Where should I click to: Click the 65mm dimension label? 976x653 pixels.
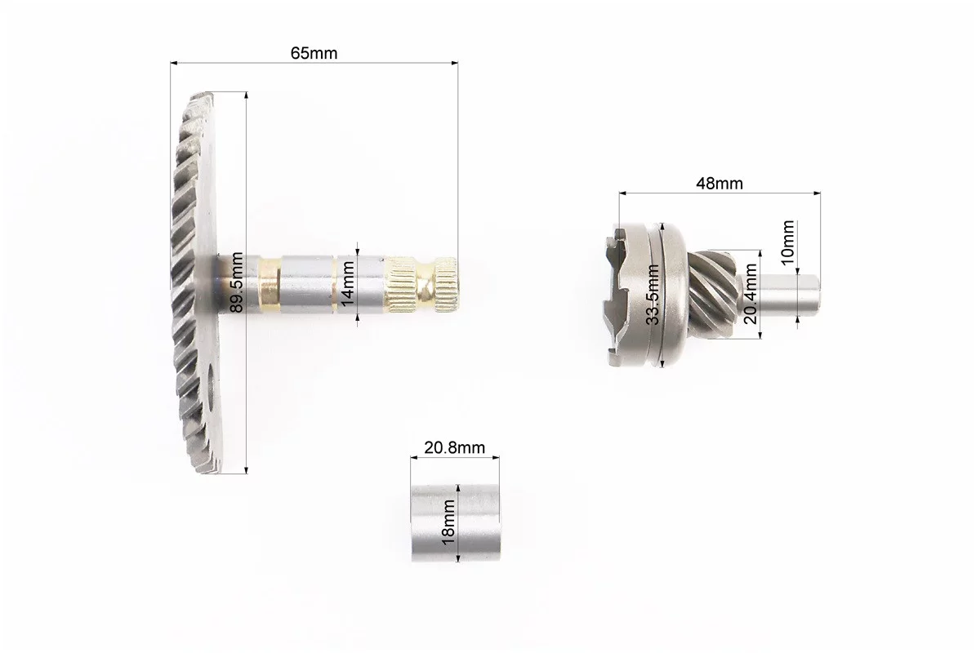314,53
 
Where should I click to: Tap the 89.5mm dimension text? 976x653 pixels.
237,281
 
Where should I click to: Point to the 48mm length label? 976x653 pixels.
719,184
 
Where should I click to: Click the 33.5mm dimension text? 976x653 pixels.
653,294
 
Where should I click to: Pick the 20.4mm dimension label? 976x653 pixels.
750,294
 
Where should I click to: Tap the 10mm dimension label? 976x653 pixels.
787,242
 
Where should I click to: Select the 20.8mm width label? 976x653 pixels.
454,447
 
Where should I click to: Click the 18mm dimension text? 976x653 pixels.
448,522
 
